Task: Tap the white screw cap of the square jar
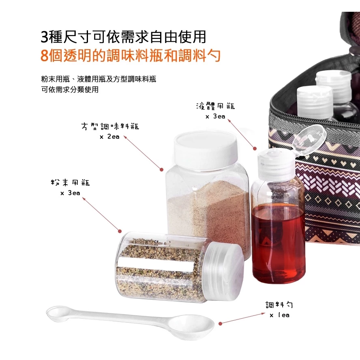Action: click(206, 150)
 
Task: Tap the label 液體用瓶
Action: click(215, 106)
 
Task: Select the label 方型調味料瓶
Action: click(110, 126)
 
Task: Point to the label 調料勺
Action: click(279, 304)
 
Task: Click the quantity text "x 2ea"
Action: click(109, 137)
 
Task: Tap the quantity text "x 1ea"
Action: click(279, 315)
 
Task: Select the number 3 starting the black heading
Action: click(44, 37)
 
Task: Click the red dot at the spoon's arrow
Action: click(220, 324)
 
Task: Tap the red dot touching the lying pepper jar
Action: click(120, 231)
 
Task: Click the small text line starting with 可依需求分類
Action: click(70, 90)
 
